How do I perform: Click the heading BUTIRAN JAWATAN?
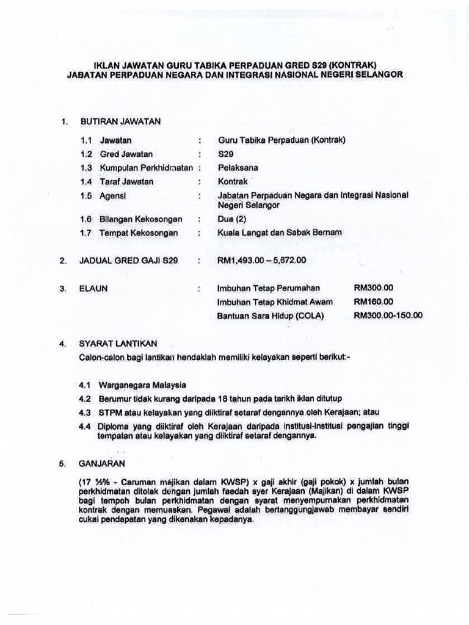tap(120, 121)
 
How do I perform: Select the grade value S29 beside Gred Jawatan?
tap(225, 154)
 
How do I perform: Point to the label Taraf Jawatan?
tap(127, 181)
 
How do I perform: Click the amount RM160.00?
tap(373, 302)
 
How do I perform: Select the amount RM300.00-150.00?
tap(388, 316)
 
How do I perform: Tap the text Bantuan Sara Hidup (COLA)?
tap(271, 316)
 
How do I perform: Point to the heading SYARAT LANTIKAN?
tap(118, 344)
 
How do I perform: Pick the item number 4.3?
tap(84, 412)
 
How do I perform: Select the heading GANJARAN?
tap(102, 464)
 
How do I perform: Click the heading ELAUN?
tap(93, 289)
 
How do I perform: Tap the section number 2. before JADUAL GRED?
tap(63, 261)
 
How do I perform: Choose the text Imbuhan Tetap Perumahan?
tap(268, 288)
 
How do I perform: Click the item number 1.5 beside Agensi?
tap(85, 195)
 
